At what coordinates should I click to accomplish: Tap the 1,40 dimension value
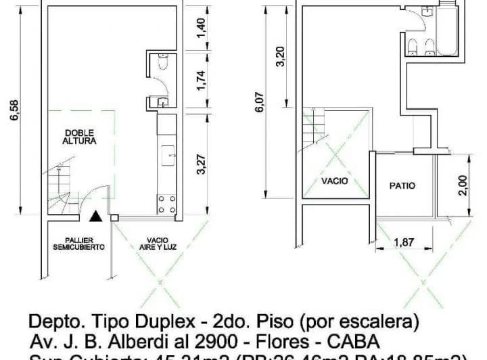point(200,28)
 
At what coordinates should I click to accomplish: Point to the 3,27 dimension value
point(200,164)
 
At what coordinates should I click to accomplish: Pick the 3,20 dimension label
point(281,55)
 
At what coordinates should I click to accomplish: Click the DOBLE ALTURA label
point(79,137)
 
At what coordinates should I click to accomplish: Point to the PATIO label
point(402,185)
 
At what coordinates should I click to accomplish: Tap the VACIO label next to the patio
point(335,181)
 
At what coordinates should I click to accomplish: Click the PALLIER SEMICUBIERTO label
point(79,244)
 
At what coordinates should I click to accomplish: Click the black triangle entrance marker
point(97,217)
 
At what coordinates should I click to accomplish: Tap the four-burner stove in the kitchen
point(166,204)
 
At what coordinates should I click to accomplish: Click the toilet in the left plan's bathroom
point(159,64)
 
